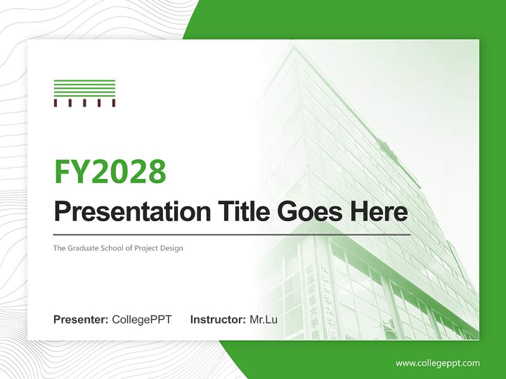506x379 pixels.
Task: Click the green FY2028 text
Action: coord(110,172)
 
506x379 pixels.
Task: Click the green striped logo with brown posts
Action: coord(84,93)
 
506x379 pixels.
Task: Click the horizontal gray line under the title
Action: coord(232,234)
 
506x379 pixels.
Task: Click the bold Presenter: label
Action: coord(81,320)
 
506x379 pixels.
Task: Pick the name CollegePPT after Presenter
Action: coord(142,320)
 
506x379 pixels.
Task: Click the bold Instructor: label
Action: coord(218,320)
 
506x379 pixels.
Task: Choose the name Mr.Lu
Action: coord(264,320)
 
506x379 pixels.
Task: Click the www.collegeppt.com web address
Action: coord(437,363)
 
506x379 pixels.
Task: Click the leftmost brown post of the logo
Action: coord(55,103)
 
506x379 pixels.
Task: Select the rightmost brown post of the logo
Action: coord(113,103)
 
